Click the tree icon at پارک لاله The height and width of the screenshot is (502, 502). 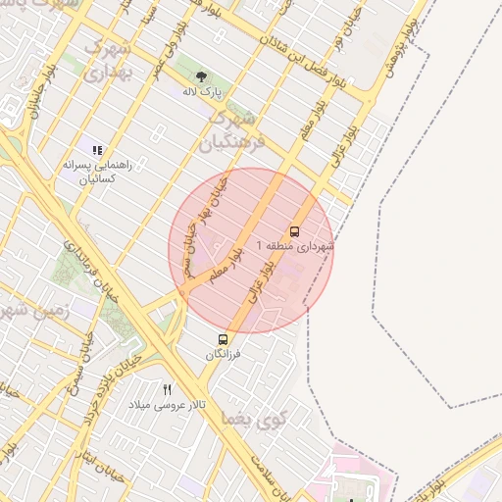[x=201, y=75]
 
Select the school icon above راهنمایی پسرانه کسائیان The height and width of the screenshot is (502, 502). [x=97, y=150]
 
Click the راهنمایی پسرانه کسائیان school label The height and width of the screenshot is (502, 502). [x=89, y=173]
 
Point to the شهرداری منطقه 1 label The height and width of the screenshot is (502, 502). [x=295, y=246]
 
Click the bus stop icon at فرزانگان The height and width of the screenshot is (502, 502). [x=224, y=340]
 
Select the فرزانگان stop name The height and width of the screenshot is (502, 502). [x=223, y=355]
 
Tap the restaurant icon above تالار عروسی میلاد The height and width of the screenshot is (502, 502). [x=167, y=389]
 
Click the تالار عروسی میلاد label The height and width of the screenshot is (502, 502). [x=156, y=404]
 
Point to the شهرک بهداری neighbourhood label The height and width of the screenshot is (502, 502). [x=106, y=59]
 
